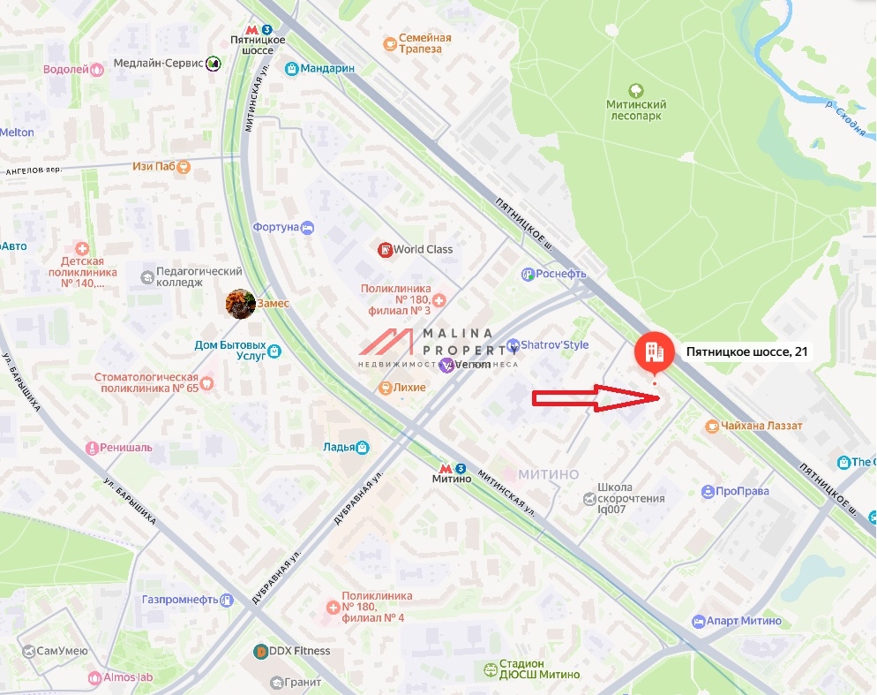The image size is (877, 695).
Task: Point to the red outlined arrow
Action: [x=596, y=398]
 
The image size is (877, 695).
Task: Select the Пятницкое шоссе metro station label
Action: [x=257, y=45]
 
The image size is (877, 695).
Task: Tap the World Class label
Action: [x=424, y=249]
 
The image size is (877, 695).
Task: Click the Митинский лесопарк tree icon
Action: [x=635, y=90]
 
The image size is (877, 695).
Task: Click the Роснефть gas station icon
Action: [x=528, y=274]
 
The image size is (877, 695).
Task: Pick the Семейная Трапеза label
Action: [x=424, y=43]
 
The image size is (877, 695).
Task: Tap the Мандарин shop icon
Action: [x=291, y=68]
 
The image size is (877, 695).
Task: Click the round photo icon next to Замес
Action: [x=240, y=303]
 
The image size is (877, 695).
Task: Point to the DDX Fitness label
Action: [x=300, y=651]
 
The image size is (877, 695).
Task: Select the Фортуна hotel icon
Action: [x=308, y=227]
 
